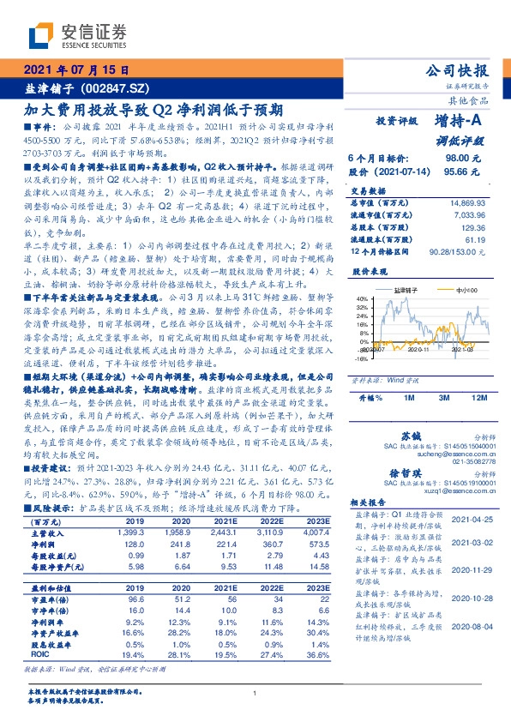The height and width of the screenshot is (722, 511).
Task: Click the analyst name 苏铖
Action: tap(412, 436)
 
